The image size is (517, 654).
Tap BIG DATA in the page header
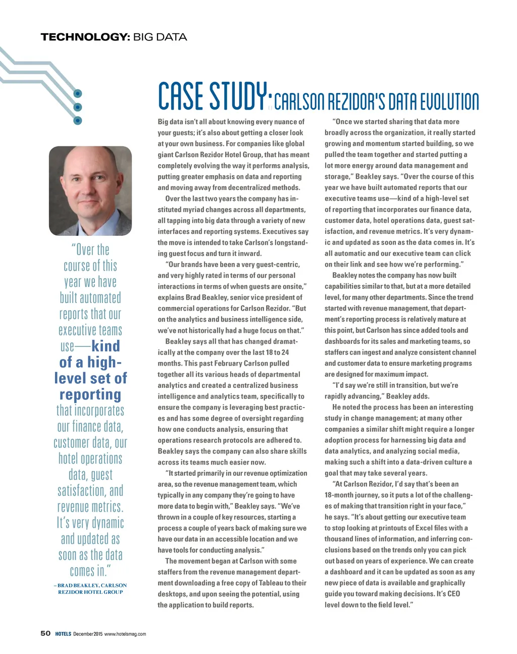[x=160, y=37]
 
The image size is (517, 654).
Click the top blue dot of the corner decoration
[x=78, y=94]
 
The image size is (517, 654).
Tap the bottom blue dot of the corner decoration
[x=78, y=120]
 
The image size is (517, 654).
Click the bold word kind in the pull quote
[x=106, y=346]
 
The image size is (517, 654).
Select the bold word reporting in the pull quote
[x=90, y=394]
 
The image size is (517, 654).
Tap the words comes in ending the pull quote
[x=89, y=571]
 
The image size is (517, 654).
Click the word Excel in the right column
[x=415, y=528]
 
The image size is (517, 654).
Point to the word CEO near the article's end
[x=453, y=594]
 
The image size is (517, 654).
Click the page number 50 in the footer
[x=45, y=633]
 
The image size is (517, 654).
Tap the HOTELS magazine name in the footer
[x=63, y=634]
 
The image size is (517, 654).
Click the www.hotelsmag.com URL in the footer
[x=125, y=634]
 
